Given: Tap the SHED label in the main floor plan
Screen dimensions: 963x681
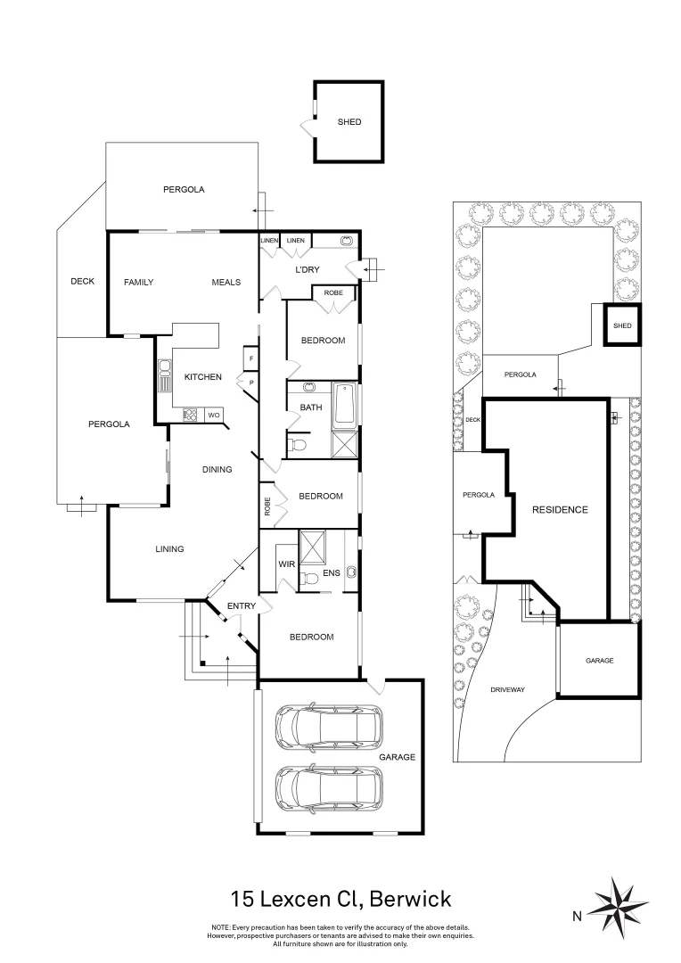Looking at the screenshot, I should pyautogui.click(x=349, y=122).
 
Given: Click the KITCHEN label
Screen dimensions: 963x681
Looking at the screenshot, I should pyautogui.click(x=202, y=377).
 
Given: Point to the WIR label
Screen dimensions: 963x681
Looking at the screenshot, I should pyautogui.click(x=285, y=564).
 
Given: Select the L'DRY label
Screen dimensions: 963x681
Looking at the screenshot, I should pyautogui.click(x=307, y=270).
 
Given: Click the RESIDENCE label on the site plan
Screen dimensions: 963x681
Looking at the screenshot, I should pyautogui.click(x=560, y=510).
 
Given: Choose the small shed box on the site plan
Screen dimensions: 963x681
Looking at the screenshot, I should pyautogui.click(x=621, y=325).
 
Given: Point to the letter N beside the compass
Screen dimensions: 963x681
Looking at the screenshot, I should pyautogui.click(x=578, y=915).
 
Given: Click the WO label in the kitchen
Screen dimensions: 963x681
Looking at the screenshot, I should pyautogui.click(x=214, y=415).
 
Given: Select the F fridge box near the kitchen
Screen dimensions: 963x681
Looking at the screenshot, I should pyautogui.click(x=250, y=358).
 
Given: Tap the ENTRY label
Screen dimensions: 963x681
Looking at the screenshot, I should pyautogui.click(x=241, y=606).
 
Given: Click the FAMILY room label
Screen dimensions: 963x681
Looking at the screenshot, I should pyautogui.click(x=138, y=283).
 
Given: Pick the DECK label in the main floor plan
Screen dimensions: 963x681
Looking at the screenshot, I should pyautogui.click(x=82, y=282).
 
